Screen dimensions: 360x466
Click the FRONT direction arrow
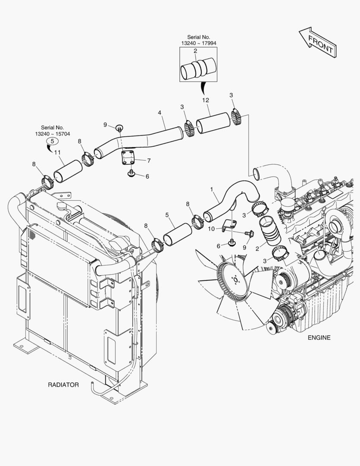[317, 42]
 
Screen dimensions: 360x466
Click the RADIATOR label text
[63, 385]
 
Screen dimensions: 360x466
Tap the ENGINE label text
[319, 337]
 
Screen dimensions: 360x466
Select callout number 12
[206, 100]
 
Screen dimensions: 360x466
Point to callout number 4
[160, 113]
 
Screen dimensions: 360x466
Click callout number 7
[149, 161]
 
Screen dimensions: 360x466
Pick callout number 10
[211, 229]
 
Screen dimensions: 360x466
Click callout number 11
[57, 152]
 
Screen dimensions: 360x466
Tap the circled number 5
[52, 141]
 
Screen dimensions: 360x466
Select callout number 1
[212, 189]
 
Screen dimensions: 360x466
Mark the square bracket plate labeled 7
[128, 157]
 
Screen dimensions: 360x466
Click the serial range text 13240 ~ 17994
[199, 44]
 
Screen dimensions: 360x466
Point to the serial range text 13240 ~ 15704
[53, 134]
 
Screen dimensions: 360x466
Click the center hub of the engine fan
[235, 280]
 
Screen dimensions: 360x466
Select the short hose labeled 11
[68, 171]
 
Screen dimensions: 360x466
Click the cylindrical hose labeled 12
[213, 123]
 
